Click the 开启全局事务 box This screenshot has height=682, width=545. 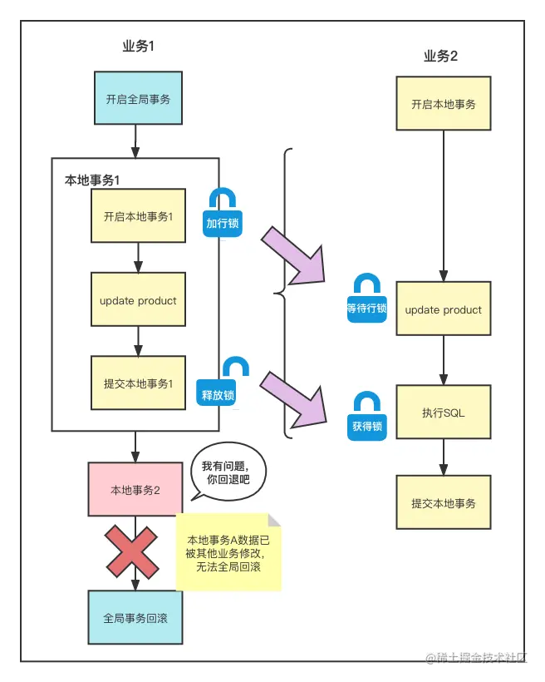point(138,99)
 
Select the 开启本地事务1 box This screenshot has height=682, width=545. point(138,216)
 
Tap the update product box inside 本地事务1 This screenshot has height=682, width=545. point(138,300)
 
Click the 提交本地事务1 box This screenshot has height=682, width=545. point(138,383)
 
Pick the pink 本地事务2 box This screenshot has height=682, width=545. point(135,490)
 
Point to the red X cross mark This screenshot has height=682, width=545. point(131,551)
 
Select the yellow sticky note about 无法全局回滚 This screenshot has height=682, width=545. point(228,552)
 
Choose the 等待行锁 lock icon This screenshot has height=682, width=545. point(366,298)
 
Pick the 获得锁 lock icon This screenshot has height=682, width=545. point(366,416)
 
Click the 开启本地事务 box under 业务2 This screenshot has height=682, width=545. point(444,104)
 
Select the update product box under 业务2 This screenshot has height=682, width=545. point(444,309)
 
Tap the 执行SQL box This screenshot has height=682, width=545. point(444,412)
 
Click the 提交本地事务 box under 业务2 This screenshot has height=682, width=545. point(444,503)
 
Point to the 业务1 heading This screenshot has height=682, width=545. point(138,47)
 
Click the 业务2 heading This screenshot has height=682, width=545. point(440,57)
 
